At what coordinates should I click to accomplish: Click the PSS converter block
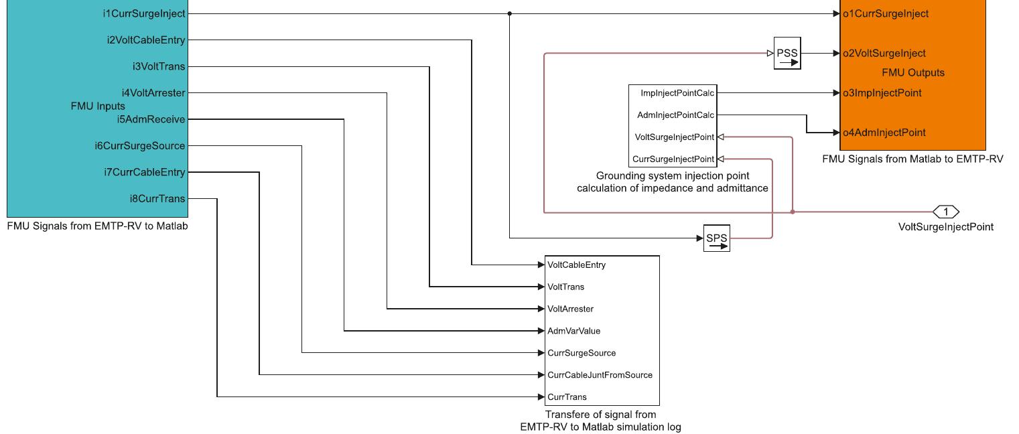tap(787, 54)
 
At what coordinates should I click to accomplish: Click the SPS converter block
tap(716, 238)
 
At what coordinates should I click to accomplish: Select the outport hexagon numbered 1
tap(946, 212)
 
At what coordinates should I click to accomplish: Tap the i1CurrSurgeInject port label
tap(144, 13)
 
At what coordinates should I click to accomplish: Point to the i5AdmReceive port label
tap(151, 119)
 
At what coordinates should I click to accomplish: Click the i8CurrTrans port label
tap(157, 199)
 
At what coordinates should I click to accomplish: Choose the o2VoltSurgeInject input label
tap(884, 53)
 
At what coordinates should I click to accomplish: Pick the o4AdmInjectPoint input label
tap(884, 133)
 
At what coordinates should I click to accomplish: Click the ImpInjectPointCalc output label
tap(677, 93)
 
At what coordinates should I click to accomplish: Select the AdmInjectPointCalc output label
tap(676, 115)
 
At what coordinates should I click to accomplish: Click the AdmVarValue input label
tap(574, 331)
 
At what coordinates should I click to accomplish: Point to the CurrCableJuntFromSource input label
tap(600, 375)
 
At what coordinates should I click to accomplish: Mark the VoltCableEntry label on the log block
tap(576, 265)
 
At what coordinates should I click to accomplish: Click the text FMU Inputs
tap(98, 106)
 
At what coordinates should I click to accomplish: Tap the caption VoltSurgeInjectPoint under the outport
tap(945, 227)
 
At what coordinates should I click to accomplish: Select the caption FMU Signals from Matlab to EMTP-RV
tap(912, 159)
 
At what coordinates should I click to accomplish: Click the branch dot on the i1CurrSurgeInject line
tap(510, 13)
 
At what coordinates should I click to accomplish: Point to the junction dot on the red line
tap(793, 212)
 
